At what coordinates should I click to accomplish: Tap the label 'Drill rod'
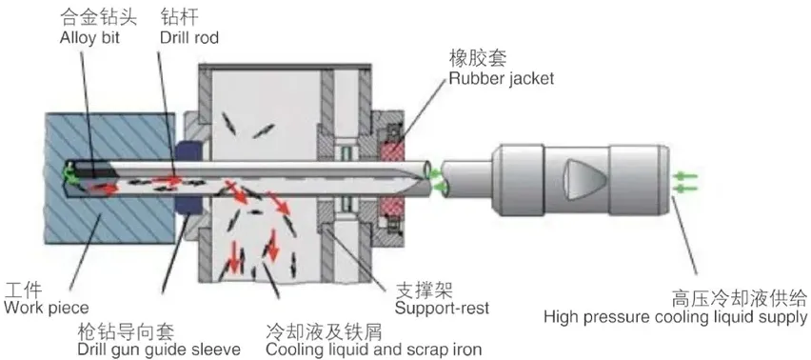pos(188,38)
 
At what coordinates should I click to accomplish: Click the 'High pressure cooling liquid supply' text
pos(676,317)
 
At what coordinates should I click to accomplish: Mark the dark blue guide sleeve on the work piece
pos(188,152)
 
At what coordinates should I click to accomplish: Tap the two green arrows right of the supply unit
pos(684,182)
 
